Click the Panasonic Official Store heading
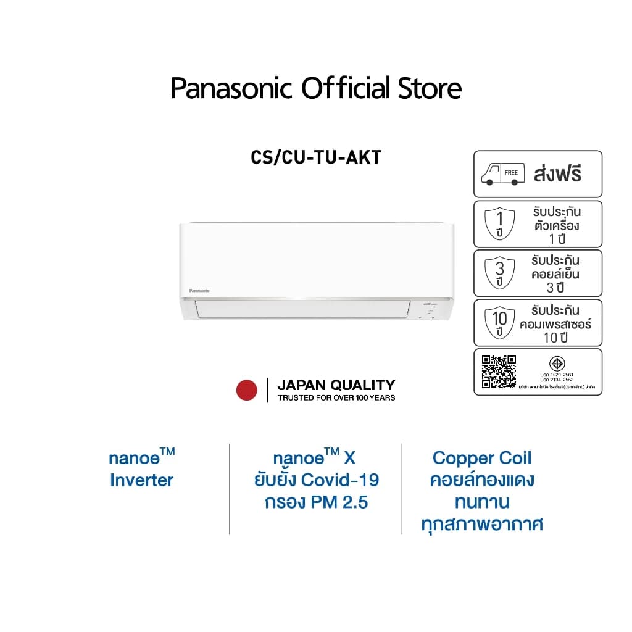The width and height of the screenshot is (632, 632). (x=316, y=88)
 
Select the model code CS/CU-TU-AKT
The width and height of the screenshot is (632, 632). (x=316, y=157)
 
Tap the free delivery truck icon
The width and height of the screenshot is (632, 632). (x=503, y=174)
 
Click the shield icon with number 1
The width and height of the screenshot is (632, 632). (x=500, y=224)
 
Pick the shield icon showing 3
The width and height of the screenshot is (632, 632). (x=500, y=273)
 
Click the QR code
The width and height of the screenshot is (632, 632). (x=499, y=372)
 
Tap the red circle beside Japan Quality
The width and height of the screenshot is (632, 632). (x=247, y=390)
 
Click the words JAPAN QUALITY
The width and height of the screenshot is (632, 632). (x=336, y=385)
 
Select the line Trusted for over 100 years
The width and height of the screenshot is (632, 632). (x=336, y=397)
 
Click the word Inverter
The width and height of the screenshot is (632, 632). (x=142, y=480)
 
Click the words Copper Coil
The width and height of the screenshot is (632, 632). (x=482, y=458)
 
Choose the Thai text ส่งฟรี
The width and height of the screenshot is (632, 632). (x=557, y=174)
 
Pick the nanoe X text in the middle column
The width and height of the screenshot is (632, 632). (x=315, y=458)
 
